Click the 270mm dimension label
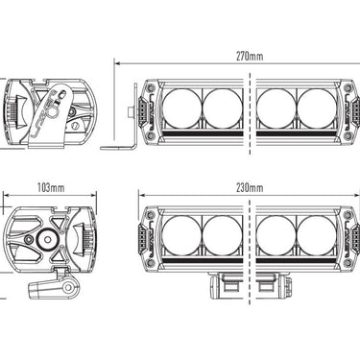coord(247,56)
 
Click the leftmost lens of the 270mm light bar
coord(183,109)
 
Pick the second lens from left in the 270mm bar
coord(221,109)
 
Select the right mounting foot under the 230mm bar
coord(271,285)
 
